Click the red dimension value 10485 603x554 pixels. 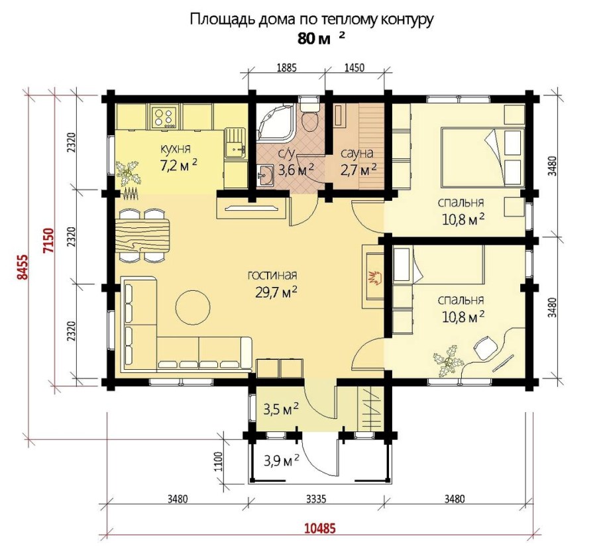pyautogui.click(x=320, y=528)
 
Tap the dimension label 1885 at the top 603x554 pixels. pyautogui.click(x=286, y=68)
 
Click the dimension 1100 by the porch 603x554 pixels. pyautogui.click(x=218, y=462)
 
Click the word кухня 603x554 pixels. pyautogui.click(x=176, y=148)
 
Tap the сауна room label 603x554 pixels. pyautogui.click(x=357, y=154)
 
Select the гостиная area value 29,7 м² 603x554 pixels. pyautogui.click(x=276, y=292)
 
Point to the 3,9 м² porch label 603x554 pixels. pyautogui.click(x=282, y=459)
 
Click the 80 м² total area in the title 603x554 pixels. pyautogui.click(x=321, y=38)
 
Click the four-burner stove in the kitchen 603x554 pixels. pyautogui.click(x=166, y=117)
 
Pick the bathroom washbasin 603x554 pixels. pyautogui.click(x=264, y=175)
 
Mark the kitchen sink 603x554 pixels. pyautogui.click(x=235, y=143)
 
